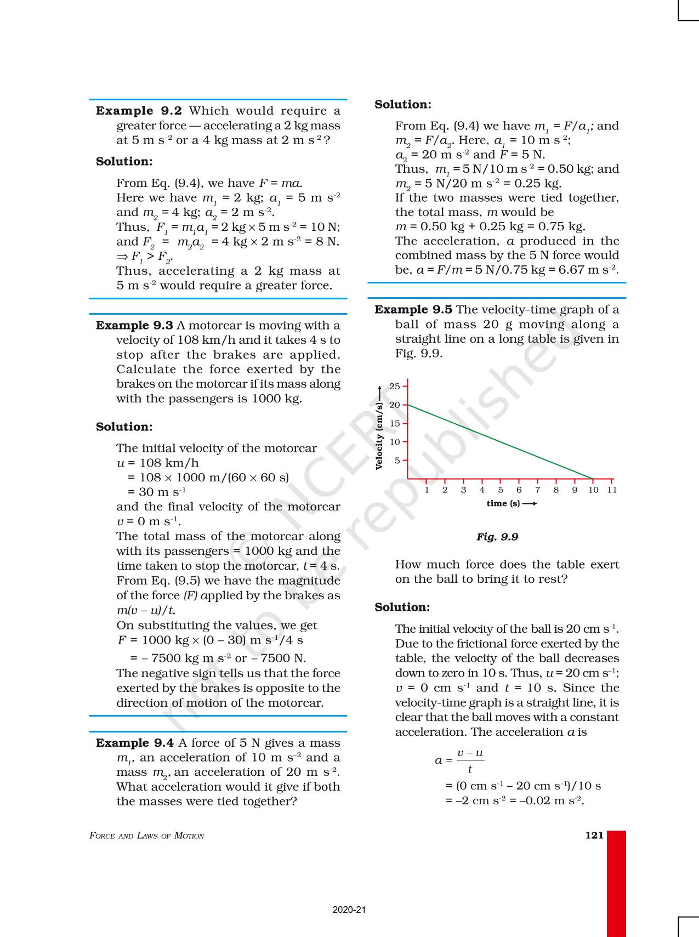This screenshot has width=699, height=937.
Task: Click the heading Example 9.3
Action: pyautogui.click(x=134, y=326)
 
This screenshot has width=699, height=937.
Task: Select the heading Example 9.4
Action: pyautogui.click(x=135, y=743)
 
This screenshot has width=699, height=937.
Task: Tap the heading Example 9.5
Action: pyautogui.click(x=413, y=310)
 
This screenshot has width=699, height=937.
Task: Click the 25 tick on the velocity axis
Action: pyautogui.click(x=395, y=387)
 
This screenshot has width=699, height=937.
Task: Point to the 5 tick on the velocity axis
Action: pyautogui.click(x=397, y=461)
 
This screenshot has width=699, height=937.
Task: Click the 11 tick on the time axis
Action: pyautogui.click(x=612, y=490)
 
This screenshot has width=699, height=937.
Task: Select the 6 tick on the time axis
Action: pyautogui.click(x=519, y=490)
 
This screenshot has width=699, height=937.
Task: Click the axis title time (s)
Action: pyautogui.click(x=503, y=503)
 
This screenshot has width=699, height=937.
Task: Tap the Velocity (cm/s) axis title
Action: pyautogui.click(x=379, y=436)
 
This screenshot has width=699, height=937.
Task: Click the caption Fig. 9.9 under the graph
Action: pyautogui.click(x=497, y=537)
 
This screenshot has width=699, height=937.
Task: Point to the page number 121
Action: pyautogui.click(x=594, y=835)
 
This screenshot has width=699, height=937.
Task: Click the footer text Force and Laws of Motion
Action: pyautogui.click(x=147, y=836)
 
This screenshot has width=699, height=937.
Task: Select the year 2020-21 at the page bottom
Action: pyautogui.click(x=349, y=910)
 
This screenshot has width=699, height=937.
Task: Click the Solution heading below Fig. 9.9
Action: pyautogui.click(x=402, y=607)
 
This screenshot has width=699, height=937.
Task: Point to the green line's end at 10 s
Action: pyautogui.click(x=593, y=479)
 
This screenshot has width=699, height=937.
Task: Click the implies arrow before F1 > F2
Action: pyautogui.click(x=121, y=256)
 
